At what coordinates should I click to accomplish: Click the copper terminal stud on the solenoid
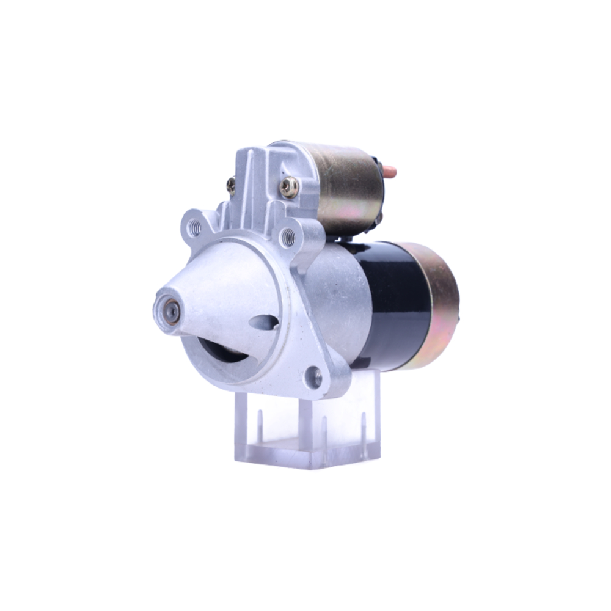[x=389, y=172]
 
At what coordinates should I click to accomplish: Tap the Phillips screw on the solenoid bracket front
[x=289, y=187]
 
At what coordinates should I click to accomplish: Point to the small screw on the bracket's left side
[x=231, y=185]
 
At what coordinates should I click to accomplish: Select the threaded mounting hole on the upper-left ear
[x=194, y=228]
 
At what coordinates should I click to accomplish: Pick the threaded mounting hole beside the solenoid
[x=288, y=235]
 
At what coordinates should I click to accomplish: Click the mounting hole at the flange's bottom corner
[x=315, y=377]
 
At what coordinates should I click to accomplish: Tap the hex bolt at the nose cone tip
[x=170, y=312]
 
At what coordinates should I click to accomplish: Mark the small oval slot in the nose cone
[x=265, y=322]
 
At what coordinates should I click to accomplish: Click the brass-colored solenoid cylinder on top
[x=348, y=186]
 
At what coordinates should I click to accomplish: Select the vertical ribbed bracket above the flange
[x=257, y=183]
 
